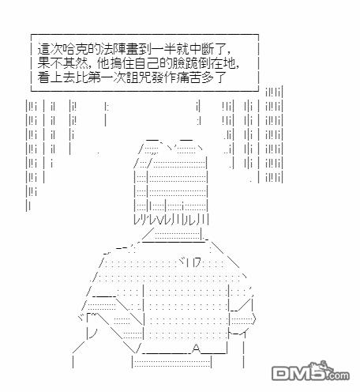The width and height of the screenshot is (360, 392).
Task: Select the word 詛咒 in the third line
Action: tap(139, 77)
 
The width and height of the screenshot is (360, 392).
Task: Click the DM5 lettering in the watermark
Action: tap(298, 373)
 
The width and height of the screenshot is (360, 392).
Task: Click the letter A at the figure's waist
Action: tap(197, 349)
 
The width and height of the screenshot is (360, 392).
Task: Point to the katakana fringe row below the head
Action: tap(171, 220)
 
